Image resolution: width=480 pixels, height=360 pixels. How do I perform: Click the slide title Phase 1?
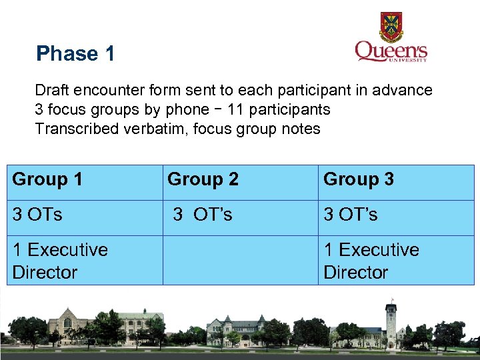pos(75,53)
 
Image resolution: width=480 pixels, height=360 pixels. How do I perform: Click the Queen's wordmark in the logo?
pos(391,52)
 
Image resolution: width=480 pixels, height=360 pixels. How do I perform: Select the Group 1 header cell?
pos(84,179)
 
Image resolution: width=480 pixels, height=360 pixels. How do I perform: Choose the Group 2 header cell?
pos(240,179)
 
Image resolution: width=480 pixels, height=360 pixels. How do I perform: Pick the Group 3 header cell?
pos(396,179)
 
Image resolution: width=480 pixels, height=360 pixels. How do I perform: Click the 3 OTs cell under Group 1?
pos(84,215)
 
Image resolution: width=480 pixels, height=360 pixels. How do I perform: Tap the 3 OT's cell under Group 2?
pos(240,215)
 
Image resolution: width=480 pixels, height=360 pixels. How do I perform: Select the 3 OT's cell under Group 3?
pos(396,215)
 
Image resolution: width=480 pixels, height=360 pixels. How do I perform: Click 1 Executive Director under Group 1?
pos(84,261)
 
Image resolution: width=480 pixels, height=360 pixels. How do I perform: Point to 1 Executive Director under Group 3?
pos(396,261)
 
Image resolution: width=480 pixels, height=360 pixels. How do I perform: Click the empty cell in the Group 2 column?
pos(240,261)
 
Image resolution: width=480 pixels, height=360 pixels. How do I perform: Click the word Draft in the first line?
pos(51,90)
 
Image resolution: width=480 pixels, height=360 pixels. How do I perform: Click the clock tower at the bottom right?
pos(390,320)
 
